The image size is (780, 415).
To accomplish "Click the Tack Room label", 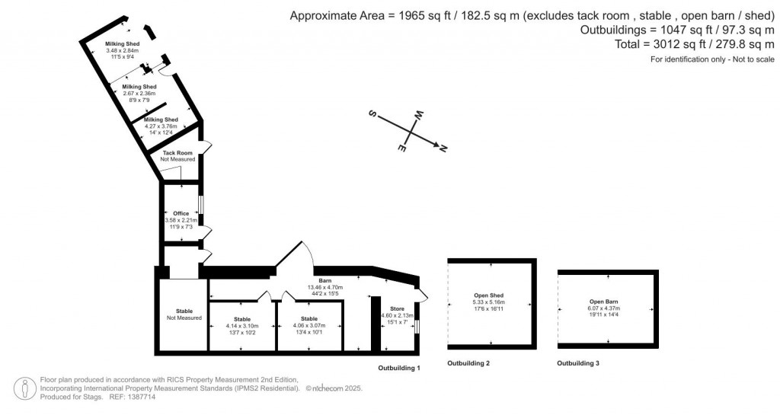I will (x=177, y=153).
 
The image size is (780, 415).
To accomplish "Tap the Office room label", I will (x=181, y=213).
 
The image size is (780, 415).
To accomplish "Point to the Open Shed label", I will (x=489, y=295).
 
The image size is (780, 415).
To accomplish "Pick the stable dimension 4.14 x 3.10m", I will (x=241, y=325).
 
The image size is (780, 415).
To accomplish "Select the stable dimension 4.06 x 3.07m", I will (x=308, y=325).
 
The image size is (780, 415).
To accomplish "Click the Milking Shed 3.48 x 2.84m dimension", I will (x=120, y=50).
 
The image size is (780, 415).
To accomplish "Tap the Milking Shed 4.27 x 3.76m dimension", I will (x=161, y=126).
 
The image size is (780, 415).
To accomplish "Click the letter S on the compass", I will (x=373, y=114).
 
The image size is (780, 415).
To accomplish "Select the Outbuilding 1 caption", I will (x=399, y=368).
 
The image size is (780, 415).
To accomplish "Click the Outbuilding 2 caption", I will (x=468, y=363).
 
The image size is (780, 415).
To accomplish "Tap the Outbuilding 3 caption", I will (x=578, y=363).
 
